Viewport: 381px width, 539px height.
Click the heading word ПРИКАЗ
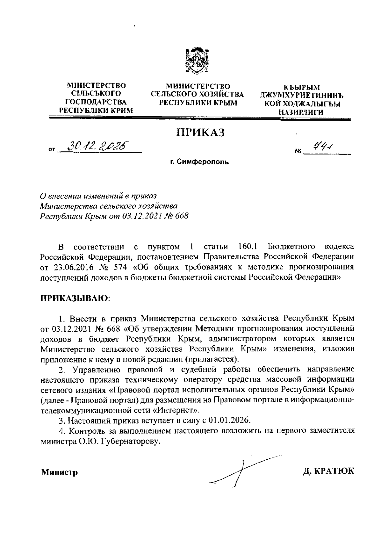[200, 132]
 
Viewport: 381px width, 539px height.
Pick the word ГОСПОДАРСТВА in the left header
[96, 102]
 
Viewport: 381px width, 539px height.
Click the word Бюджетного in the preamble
[292, 246]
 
